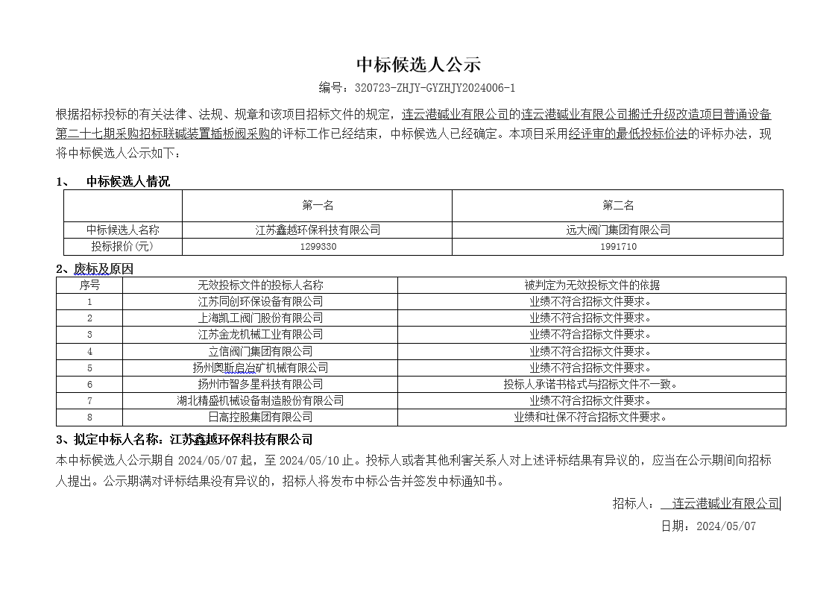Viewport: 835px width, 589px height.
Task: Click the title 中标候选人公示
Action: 417,65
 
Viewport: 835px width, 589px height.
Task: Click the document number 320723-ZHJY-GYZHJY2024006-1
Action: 435,88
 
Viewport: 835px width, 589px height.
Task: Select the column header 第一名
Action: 318,205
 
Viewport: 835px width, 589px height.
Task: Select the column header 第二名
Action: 618,205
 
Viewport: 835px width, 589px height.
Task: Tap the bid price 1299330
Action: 318,246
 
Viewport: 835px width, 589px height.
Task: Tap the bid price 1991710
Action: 618,246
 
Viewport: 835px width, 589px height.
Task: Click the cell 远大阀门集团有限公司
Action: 618,230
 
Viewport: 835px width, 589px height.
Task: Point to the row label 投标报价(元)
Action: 123,246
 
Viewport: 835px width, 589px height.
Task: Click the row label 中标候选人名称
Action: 123,230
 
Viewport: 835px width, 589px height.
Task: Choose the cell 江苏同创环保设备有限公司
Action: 260,301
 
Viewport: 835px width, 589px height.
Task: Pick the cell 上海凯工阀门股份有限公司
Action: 260,318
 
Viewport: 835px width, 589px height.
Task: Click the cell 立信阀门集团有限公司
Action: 260,351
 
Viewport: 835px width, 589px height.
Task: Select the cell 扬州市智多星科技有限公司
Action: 260,384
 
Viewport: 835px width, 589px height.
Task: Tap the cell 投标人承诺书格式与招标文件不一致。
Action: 590,384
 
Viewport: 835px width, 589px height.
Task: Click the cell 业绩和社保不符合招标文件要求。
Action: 590,417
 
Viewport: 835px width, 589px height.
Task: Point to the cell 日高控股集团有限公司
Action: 260,417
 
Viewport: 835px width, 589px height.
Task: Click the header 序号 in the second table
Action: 89,285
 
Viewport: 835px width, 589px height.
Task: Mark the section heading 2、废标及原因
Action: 95,269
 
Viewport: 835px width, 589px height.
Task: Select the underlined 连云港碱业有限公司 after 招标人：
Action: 725,503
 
